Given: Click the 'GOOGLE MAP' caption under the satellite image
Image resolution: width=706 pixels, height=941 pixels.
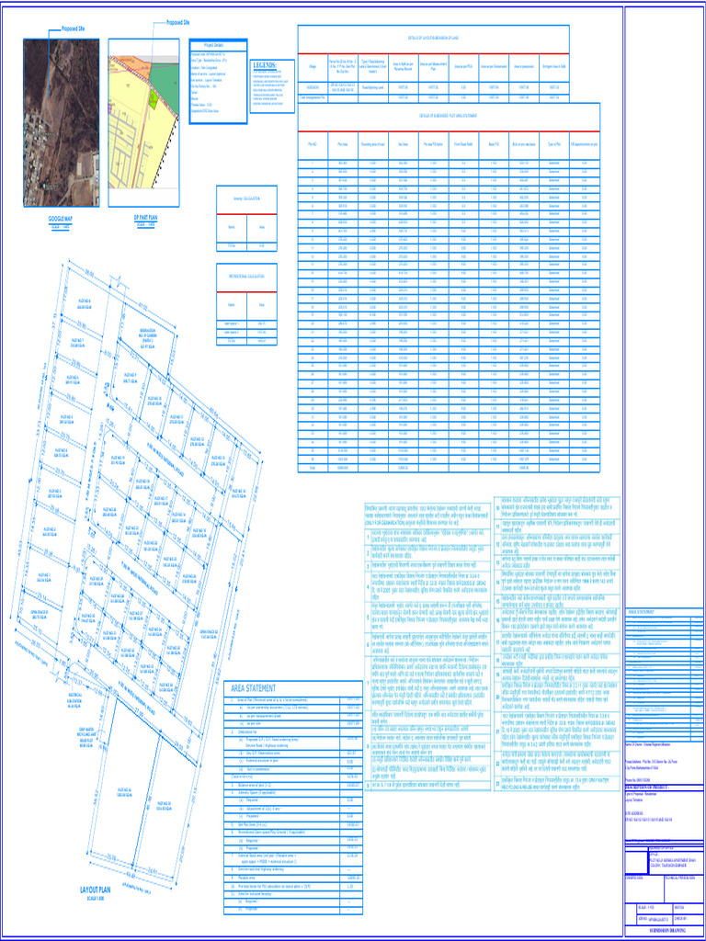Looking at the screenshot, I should pyautogui.click(x=61, y=219).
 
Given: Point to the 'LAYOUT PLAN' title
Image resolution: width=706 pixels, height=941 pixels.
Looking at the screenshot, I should pyautogui.click(x=95, y=890).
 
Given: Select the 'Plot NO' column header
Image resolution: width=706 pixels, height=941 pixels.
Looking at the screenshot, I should pyautogui.click(x=312, y=144).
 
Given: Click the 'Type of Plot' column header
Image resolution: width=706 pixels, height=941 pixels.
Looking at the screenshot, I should pyautogui.click(x=554, y=144).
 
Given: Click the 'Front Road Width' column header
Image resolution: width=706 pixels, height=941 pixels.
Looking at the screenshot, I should pyautogui.click(x=463, y=144).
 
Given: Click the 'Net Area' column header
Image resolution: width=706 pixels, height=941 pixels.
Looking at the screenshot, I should pyautogui.click(x=403, y=144).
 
